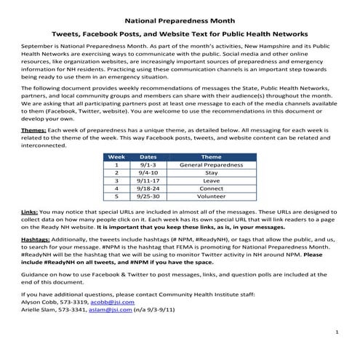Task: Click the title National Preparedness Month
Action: click(x=180, y=21)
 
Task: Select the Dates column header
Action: click(x=148, y=157)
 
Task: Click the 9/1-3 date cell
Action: click(x=148, y=165)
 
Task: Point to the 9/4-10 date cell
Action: click(x=148, y=173)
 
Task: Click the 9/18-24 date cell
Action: click(x=148, y=188)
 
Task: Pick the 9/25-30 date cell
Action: click(x=148, y=196)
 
